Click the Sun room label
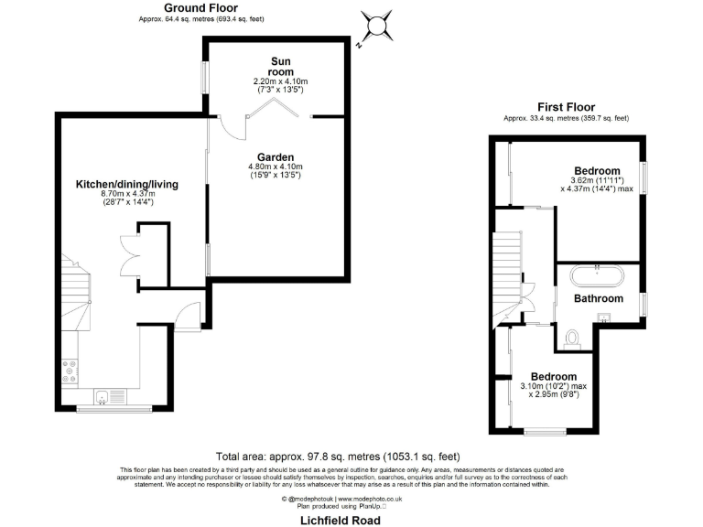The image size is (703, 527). (280, 65)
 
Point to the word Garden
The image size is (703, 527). (275, 156)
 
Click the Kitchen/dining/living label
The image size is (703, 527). (126, 184)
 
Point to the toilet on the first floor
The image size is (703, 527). (573, 339)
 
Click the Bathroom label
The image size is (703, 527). (598, 298)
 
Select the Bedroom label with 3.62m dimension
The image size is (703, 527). (597, 171)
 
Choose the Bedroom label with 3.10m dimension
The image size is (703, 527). (554, 377)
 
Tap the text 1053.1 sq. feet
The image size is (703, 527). (419, 456)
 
